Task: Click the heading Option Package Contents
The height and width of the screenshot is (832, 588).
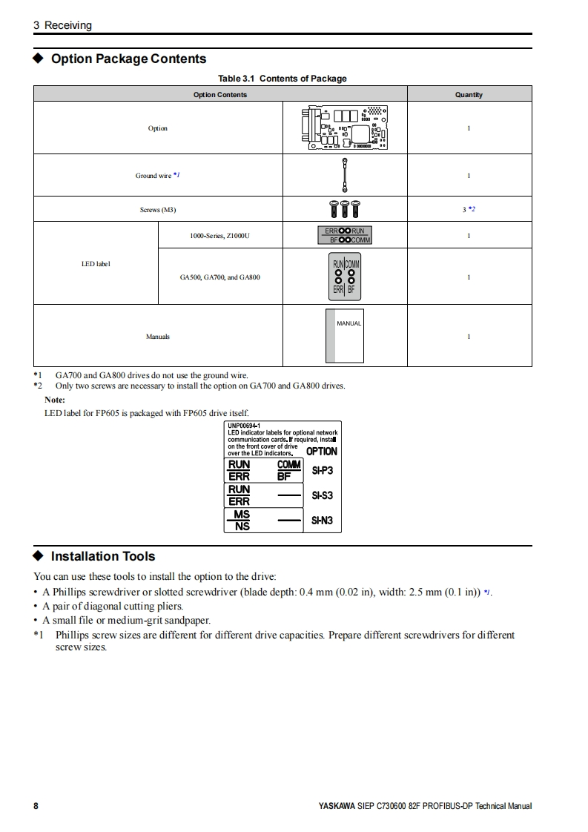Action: click(128, 59)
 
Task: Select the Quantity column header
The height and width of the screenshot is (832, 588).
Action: click(469, 94)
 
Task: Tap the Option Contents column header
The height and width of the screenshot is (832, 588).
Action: click(220, 94)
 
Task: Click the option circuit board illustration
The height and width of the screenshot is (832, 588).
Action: click(345, 128)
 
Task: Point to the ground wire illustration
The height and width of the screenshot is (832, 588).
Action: click(345, 175)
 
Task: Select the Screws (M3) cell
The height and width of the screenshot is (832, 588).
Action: click(158, 210)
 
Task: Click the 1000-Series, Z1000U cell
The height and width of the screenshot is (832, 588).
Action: click(219, 236)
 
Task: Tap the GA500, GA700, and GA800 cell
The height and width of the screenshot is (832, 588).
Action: click(219, 277)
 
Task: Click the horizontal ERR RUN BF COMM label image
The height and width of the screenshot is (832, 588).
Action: click(345, 235)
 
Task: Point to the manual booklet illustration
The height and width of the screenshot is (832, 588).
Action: click(345, 336)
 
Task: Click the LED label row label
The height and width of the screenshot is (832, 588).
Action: click(96, 263)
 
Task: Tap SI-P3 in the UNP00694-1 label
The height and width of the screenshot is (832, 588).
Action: click(322, 470)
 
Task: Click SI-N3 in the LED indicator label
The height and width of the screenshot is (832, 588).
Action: click(322, 521)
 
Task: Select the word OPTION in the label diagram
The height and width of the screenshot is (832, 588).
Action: click(322, 451)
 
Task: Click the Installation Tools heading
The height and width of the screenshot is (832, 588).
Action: click(103, 556)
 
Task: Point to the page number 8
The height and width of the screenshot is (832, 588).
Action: click(36, 806)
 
